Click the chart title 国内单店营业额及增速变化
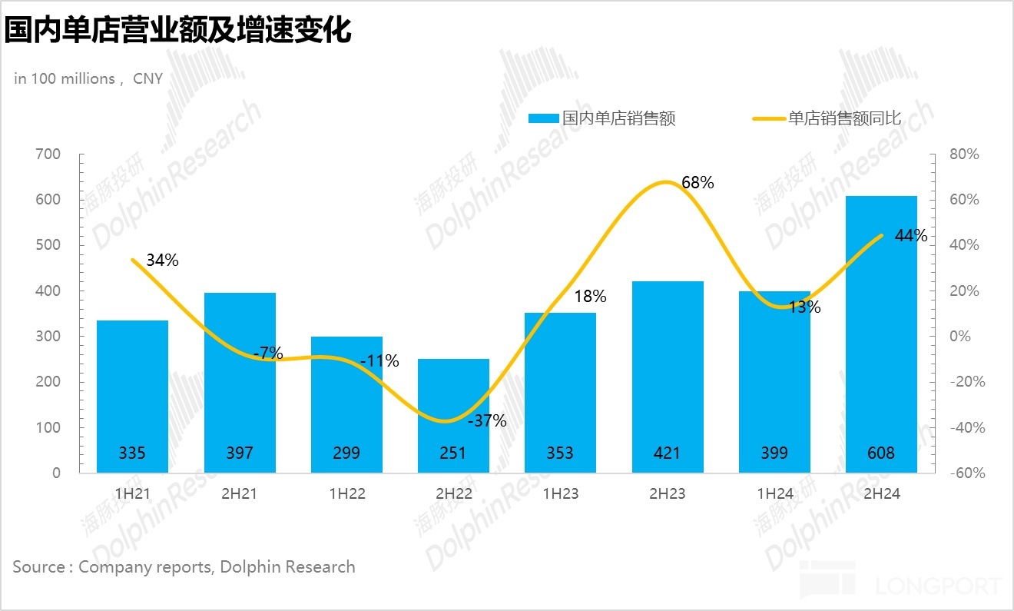point(177,31)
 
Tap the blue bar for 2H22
point(453,415)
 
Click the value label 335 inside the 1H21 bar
point(132,453)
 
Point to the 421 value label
point(667,453)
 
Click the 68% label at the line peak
point(698,183)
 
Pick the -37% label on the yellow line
point(489,420)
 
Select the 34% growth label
point(162,261)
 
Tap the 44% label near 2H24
point(911,236)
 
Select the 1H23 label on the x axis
point(560,494)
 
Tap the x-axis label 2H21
point(239,494)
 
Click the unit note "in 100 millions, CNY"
point(88,78)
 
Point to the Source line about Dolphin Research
point(184,567)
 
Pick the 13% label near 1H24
point(804,307)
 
